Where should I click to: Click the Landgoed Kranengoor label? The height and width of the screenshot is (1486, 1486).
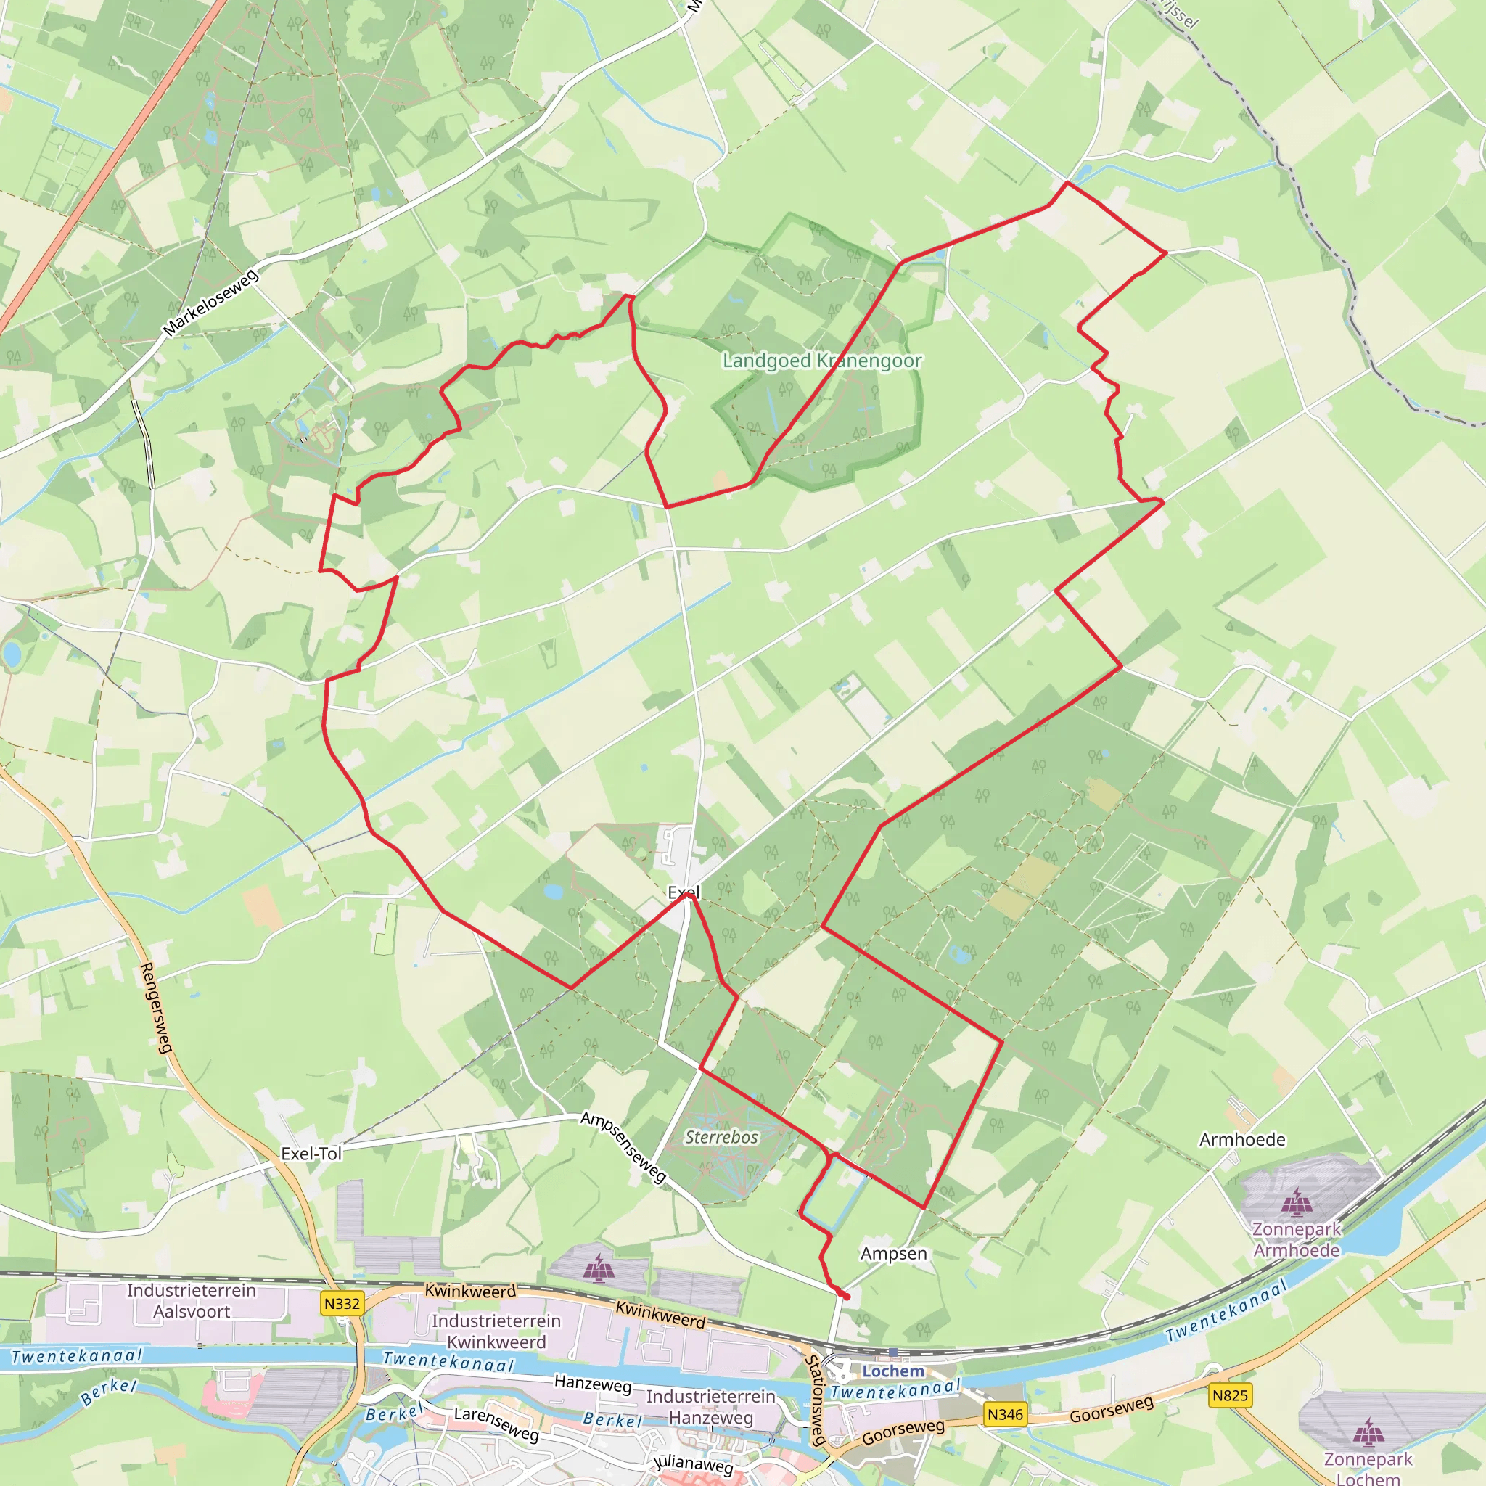[821, 361]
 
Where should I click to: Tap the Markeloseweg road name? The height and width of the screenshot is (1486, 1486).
[210, 303]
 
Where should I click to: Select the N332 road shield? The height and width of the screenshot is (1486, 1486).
[342, 1303]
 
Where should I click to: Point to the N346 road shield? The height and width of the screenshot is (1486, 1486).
[1005, 1413]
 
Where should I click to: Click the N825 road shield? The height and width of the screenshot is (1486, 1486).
[1230, 1395]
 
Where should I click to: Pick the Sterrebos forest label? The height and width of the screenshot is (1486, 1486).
[721, 1137]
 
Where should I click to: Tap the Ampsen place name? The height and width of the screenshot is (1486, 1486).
[893, 1253]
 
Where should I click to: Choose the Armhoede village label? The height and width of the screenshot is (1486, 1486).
[1242, 1139]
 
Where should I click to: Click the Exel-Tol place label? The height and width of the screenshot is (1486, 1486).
[311, 1153]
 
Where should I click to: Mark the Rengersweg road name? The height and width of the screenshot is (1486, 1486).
[156, 1008]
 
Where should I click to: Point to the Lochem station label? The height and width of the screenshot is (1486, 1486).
[893, 1371]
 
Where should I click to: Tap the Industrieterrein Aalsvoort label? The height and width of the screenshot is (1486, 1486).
[192, 1301]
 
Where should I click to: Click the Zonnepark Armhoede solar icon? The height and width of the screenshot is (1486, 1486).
[1297, 1201]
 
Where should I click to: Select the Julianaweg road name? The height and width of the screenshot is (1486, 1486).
[693, 1464]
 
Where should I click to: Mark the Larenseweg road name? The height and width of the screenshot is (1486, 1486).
[496, 1423]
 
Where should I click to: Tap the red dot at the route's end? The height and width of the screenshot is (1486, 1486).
[846, 1297]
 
